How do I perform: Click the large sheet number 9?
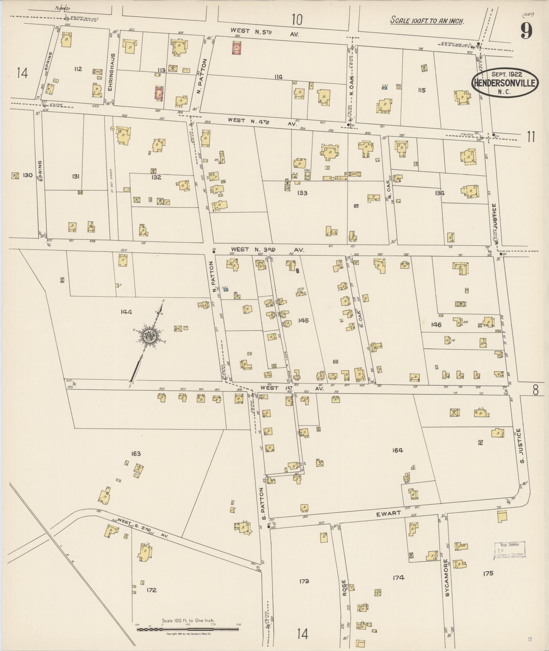pos(526,31)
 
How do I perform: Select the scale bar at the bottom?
pos(188,629)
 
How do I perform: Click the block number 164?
pos(397,450)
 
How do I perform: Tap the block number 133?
pos(302,193)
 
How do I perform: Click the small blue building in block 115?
pos(385,87)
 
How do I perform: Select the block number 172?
pos(151,590)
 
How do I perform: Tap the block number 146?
pos(436,325)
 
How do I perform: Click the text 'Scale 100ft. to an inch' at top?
pos(427,20)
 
